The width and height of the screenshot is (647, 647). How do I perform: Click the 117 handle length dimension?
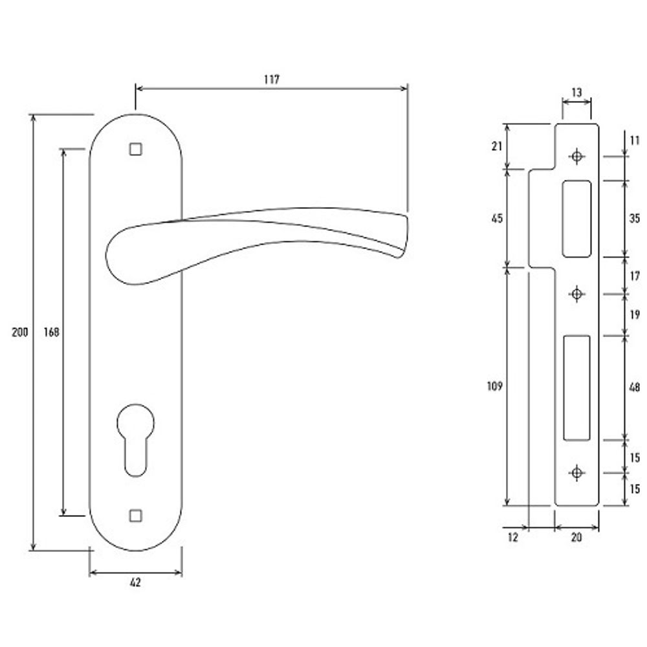(272, 79)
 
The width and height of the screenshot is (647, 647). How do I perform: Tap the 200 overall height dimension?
(20, 332)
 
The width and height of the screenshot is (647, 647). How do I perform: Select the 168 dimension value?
(52, 332)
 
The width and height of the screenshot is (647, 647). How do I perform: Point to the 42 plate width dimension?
(135, 583)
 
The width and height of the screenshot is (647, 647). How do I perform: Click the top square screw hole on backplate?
(136, 149)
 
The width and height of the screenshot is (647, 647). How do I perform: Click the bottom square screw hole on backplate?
(136, 516)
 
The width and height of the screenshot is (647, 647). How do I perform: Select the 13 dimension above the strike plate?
(577, 92)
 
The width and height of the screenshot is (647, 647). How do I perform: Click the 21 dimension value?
(497, 146)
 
